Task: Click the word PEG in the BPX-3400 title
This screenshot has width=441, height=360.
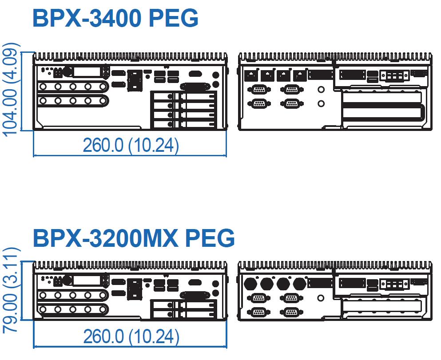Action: (174, 19)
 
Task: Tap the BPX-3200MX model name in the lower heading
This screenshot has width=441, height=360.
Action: (105, 238)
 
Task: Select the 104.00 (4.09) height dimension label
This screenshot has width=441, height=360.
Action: (11, 90)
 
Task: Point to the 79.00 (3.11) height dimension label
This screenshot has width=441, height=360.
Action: (11, 290)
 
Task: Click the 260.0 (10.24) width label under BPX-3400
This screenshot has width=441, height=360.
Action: (131, 145)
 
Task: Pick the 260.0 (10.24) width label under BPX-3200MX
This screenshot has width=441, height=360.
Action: (131, 336)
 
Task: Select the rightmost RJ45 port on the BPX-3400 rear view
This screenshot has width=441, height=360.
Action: (300, 75)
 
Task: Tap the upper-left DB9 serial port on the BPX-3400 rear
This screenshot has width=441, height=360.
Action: (259, 90)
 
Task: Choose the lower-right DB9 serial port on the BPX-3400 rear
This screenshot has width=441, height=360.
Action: (292, 103)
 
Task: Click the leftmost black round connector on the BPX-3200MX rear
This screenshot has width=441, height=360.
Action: (250, 284)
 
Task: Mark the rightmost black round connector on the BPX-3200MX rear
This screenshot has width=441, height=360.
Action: (300, 284)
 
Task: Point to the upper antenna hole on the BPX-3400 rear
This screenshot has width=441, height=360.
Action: (321, 90)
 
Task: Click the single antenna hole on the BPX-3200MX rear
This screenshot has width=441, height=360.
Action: (321, 298)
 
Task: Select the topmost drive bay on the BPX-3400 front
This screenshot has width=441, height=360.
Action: (184, 96)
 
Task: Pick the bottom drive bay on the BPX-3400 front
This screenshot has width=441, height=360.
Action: (184, 124)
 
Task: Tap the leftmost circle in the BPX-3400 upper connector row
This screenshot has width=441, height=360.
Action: (43, 86)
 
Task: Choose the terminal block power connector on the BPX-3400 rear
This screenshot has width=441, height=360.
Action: (394, 76)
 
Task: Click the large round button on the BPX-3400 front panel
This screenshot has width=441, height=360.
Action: (67, 71)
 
